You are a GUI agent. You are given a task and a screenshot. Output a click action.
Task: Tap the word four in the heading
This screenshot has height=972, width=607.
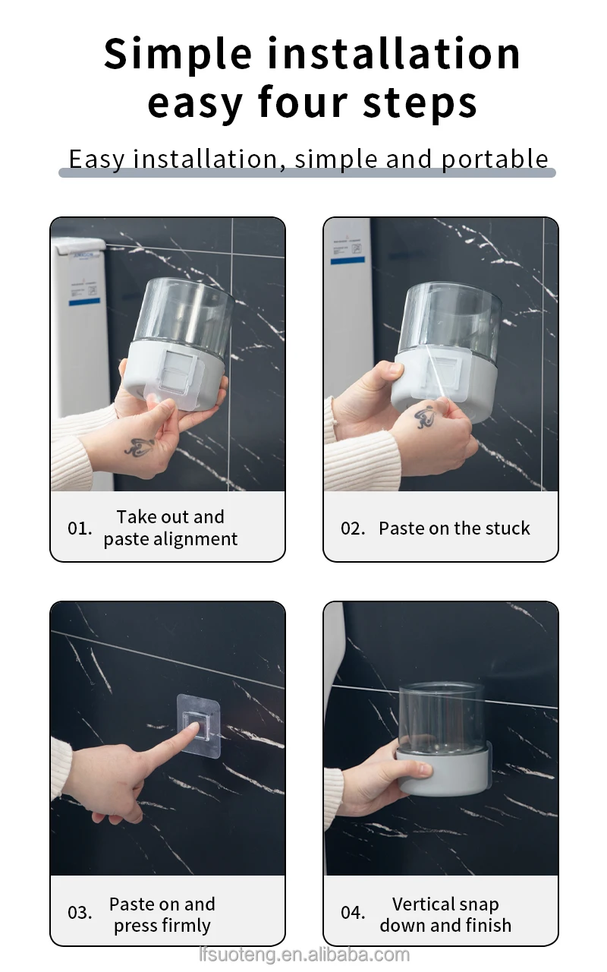303,103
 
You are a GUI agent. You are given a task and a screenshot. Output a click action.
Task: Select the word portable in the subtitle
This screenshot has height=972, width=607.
495,159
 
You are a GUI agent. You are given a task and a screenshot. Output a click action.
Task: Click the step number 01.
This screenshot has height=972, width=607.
80,529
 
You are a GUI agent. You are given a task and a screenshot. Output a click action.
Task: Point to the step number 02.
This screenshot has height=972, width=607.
353,529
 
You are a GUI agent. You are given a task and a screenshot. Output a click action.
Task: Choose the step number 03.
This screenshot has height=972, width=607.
80,913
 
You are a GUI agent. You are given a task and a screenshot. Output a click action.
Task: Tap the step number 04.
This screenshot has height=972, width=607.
353,913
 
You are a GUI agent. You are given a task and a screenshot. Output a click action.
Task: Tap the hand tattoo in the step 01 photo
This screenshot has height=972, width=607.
140,447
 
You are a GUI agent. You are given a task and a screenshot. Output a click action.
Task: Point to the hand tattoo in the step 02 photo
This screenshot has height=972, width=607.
426,417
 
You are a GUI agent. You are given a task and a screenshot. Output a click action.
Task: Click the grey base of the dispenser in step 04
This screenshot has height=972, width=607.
443,772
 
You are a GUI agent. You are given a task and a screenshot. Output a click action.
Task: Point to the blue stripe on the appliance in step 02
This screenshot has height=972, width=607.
348,260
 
